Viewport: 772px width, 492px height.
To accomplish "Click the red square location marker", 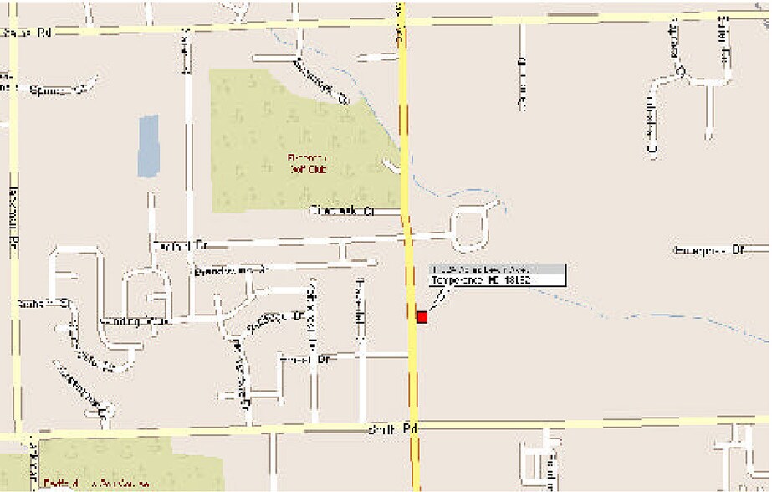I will point(422,317).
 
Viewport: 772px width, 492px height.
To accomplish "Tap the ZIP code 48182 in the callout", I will point(516,280).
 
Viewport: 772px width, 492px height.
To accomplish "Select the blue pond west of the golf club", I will point(148,146).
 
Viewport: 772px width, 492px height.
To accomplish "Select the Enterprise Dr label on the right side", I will point(708,249).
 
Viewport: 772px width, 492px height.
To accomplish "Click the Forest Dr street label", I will point(306,358).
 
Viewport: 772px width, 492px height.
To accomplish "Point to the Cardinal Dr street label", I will point(181,246).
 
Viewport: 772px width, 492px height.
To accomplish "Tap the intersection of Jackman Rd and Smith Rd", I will point(16,436).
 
